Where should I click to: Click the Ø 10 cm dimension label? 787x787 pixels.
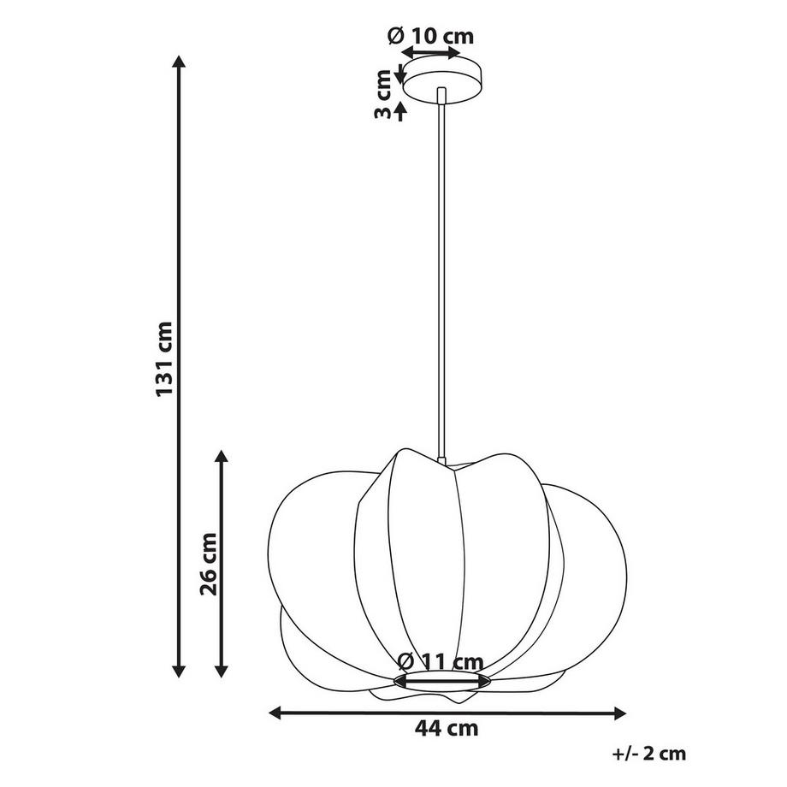click(430, 36)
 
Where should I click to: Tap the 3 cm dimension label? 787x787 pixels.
click(383, 94)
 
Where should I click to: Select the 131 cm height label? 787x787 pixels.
click(164, 359)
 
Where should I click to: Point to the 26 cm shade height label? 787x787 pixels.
click(208, 564)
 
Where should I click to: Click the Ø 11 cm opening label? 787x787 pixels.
click(440, 661)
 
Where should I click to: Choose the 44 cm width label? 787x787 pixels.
click(447, 728)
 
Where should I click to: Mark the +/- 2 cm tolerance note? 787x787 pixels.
click(649, 754)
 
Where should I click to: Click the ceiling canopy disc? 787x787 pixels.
click(441, 80)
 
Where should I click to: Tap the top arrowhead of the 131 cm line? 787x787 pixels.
click(179, 62)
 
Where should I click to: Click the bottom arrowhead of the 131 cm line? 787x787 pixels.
click(179, 671)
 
